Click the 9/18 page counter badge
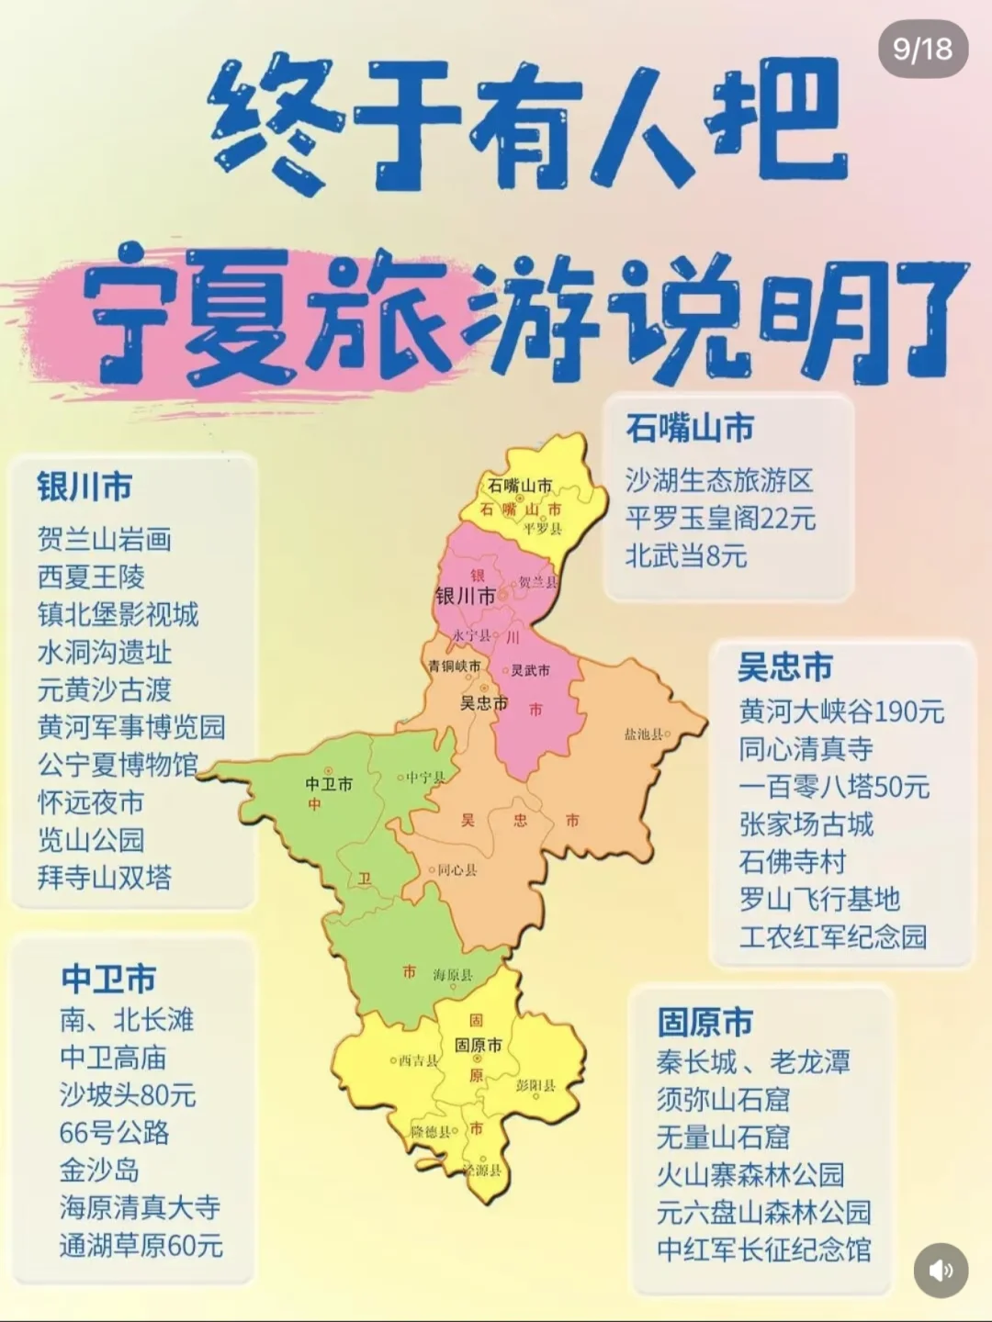922,49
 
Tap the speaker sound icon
941,1271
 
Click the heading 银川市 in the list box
85,487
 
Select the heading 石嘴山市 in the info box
690,428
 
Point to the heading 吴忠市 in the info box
785,667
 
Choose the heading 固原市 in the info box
705,1022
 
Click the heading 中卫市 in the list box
108,979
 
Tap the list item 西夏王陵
91,577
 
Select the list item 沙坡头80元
128,1094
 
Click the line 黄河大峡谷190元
841,711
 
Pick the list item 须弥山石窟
723,1099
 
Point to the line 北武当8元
686,555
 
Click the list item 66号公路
115,1132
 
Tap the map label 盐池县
645,734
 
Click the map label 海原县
453,975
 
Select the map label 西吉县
418,1060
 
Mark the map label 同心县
456,869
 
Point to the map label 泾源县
483,1170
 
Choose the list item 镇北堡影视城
118,614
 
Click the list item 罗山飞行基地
819,899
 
